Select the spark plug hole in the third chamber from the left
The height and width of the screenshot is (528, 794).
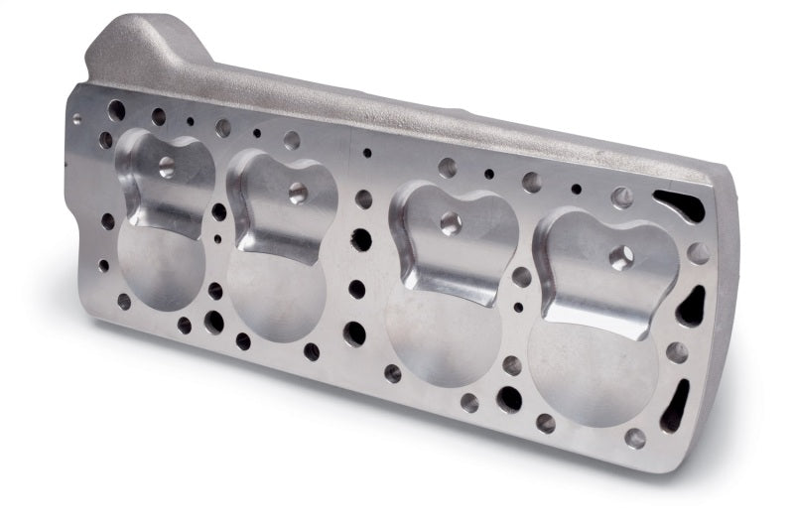click(451, 223)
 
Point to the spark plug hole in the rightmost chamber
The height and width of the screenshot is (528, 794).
click(622, 258)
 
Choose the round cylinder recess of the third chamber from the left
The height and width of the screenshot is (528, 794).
click(437, 337)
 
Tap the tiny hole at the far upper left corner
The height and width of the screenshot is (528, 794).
click(77, 118)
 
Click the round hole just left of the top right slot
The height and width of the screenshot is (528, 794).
click(622, 198)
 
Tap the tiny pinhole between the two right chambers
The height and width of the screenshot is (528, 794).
click(518, 307)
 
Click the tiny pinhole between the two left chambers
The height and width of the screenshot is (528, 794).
click(217, 238)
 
